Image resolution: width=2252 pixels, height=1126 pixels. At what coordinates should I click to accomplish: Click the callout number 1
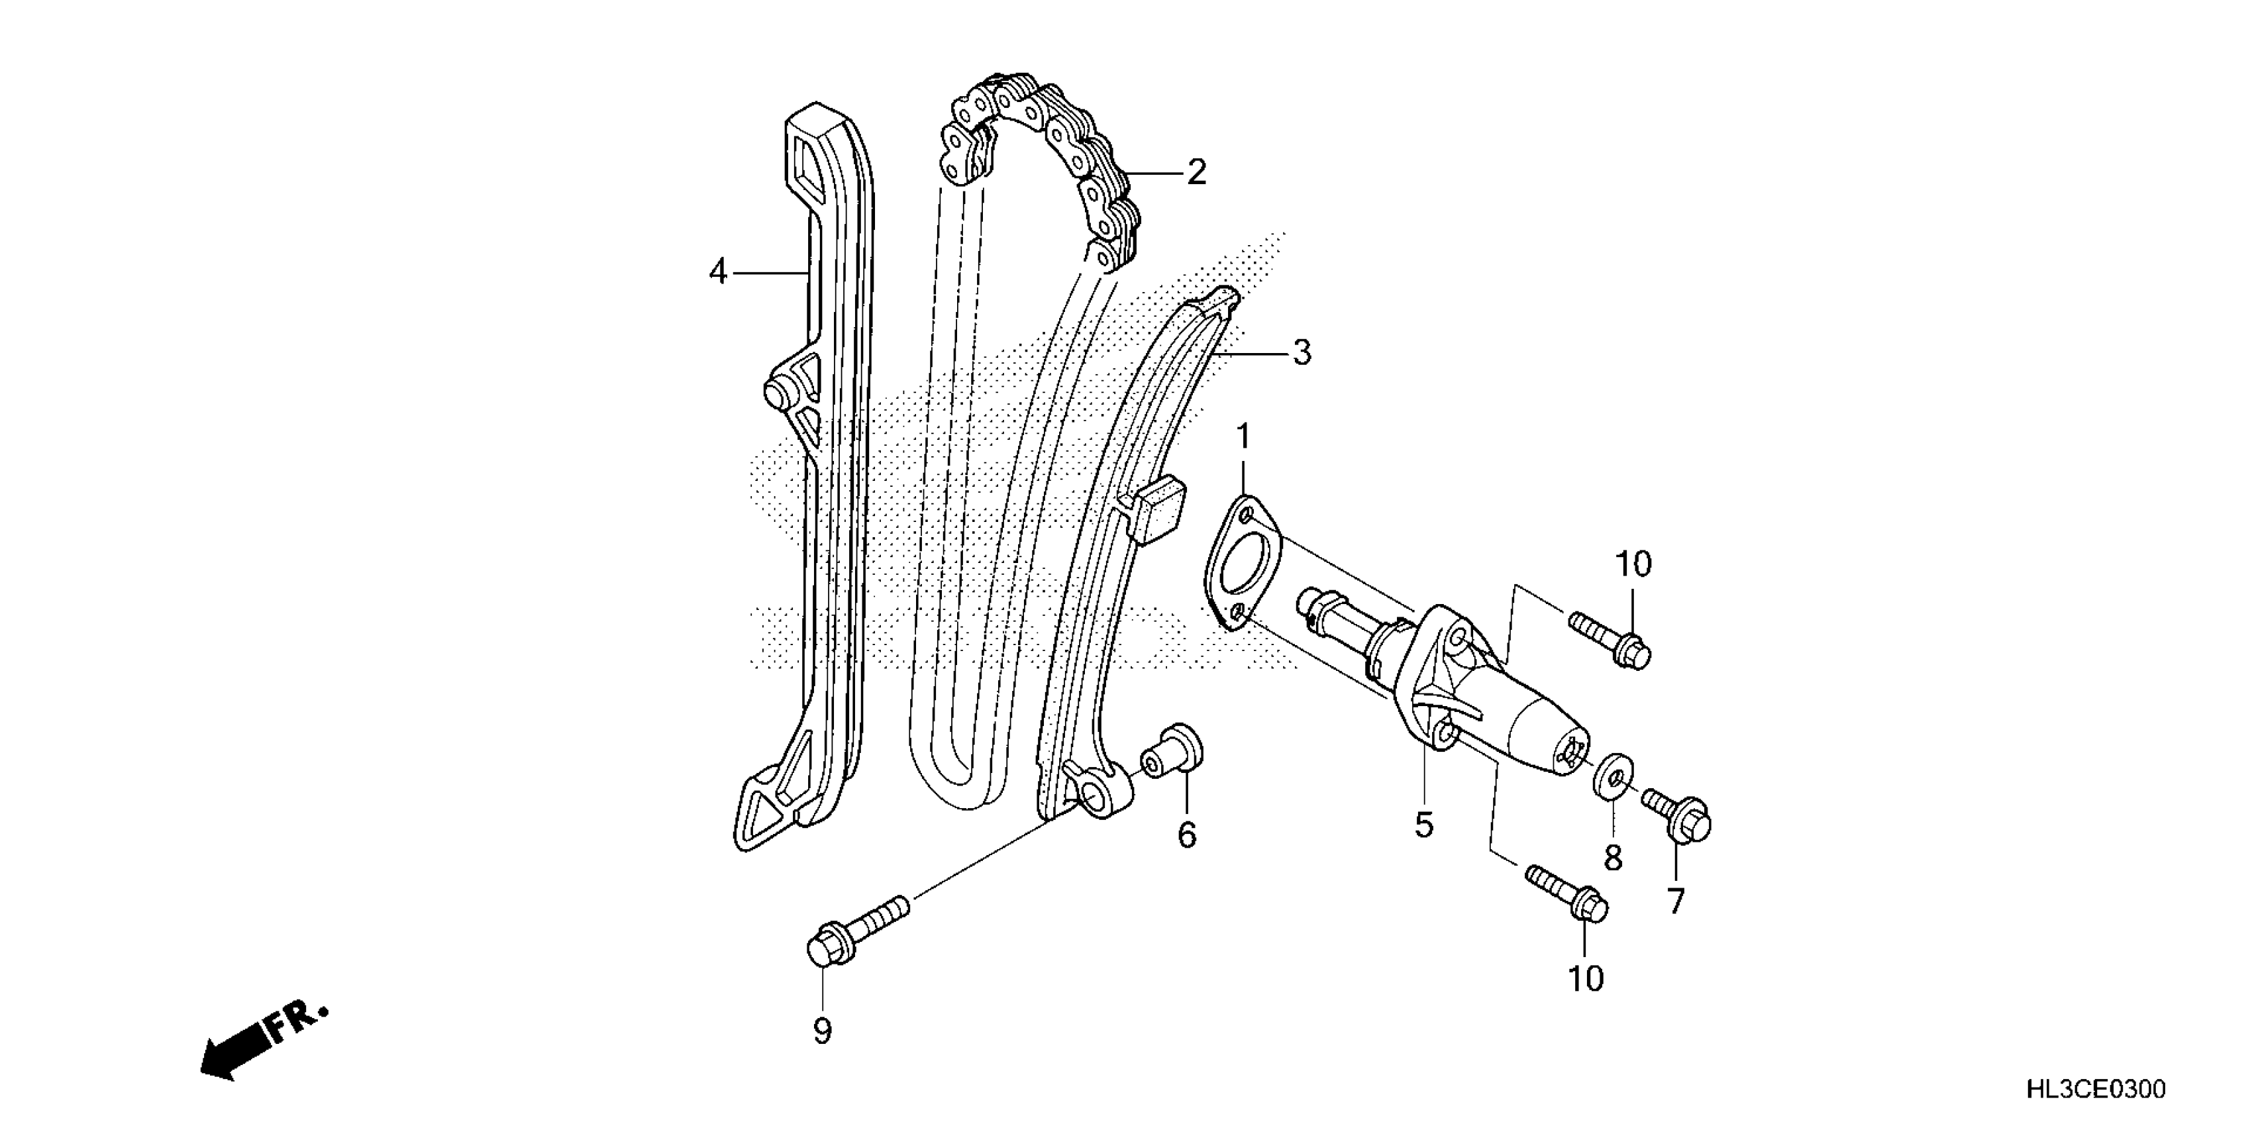[1243, 437]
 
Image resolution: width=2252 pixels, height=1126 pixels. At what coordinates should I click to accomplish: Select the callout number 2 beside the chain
[1196, 172]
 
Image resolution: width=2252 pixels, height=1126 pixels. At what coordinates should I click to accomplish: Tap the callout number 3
[1302, 353]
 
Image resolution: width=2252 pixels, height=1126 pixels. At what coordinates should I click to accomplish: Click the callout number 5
[1424, 825]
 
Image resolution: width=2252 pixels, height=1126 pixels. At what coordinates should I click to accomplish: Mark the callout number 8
[1613, 858]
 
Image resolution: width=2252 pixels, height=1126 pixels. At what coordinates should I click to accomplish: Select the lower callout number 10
[1585, 979]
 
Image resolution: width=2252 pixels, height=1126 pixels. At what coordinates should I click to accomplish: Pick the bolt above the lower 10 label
[1568, 893]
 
